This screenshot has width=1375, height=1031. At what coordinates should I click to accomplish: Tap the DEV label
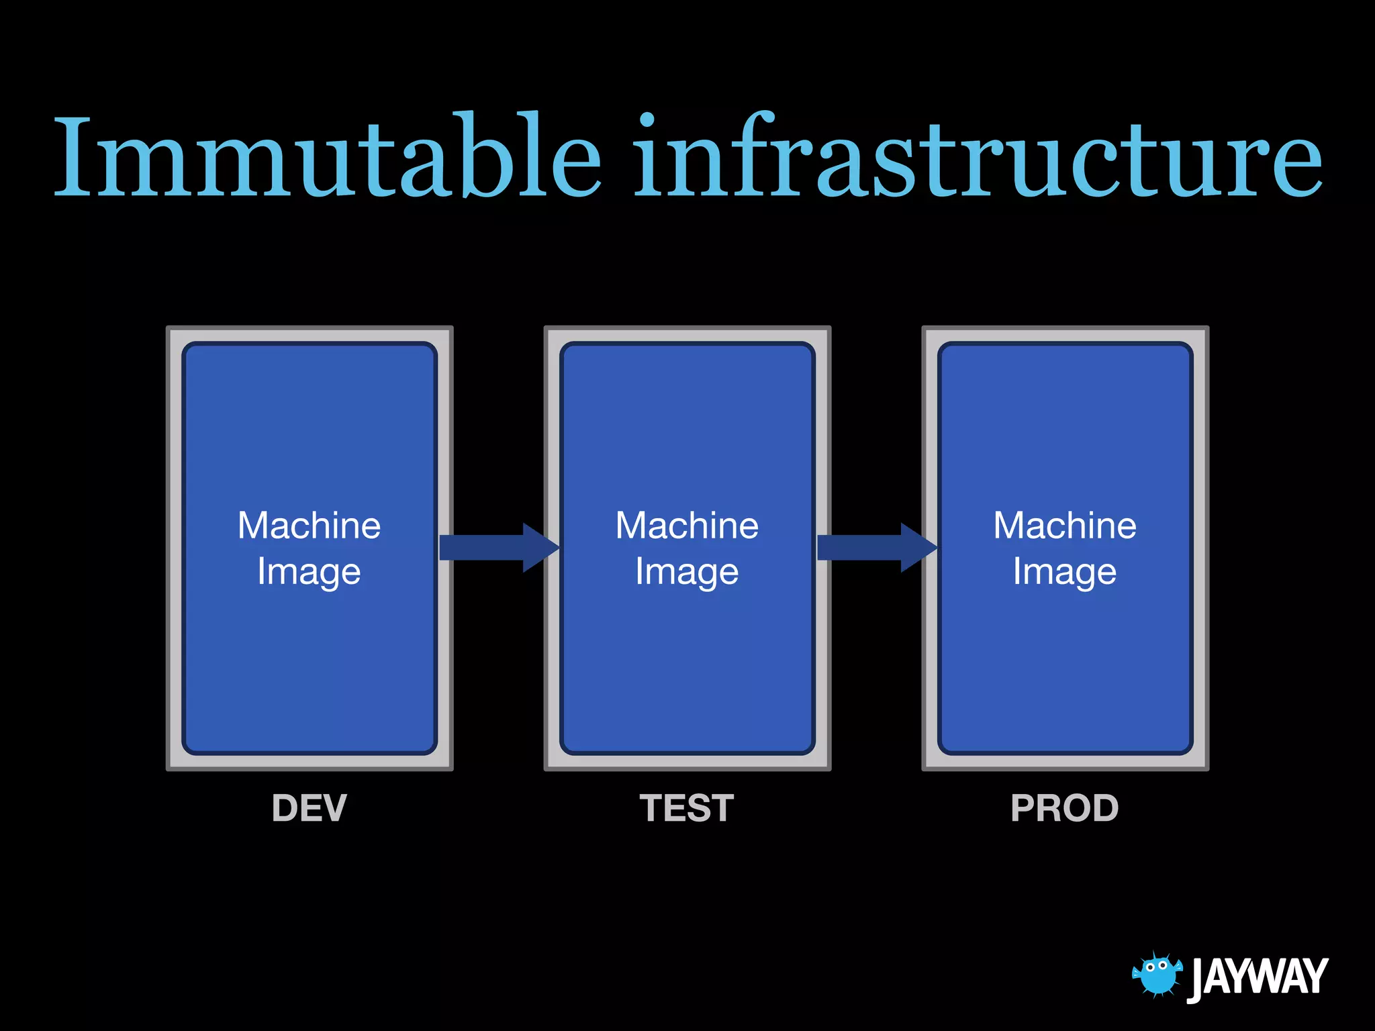click(310, 808)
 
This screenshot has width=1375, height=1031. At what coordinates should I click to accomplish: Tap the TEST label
click(687, 808)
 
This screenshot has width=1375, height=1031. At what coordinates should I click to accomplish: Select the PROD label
click(1065, 808)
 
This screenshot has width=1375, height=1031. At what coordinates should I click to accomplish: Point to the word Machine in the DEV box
click(310, 526)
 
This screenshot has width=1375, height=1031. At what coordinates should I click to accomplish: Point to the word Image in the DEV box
click(310, 573)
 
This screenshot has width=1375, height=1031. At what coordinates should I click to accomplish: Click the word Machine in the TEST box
click(687, 526)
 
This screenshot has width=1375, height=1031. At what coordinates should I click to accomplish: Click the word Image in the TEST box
click(687, 573)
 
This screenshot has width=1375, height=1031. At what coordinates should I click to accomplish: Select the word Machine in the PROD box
click(1065, 526)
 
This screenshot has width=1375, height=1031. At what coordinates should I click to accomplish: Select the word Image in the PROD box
click(1065, 573)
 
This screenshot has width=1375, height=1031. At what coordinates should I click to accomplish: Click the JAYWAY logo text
click(1258, 977)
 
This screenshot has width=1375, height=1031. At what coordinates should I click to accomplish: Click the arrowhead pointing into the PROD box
click(917, 548)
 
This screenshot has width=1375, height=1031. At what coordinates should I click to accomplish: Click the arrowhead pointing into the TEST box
click(539, 548)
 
